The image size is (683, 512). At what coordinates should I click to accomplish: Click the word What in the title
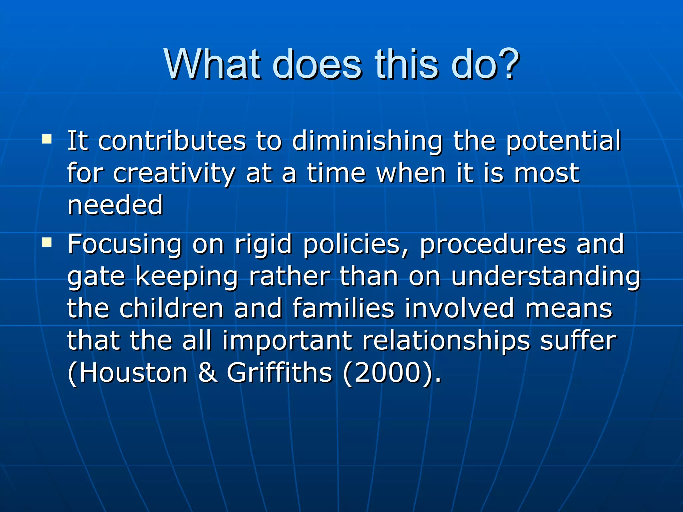coord(212,64)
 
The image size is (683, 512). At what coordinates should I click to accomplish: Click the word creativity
coord(174,174)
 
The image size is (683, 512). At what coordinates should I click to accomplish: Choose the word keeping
coord(187,277)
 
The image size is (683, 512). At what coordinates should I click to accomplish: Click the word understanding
coord(546,277)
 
